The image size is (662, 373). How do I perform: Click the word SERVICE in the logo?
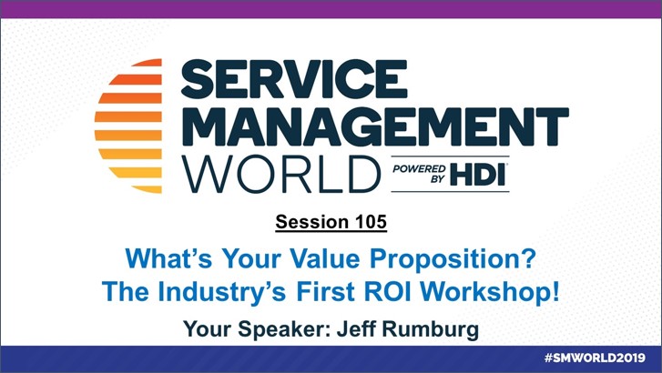(x=294, y=79)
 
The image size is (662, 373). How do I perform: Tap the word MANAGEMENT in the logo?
(x=375, y=126)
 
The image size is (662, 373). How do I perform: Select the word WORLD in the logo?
(x=281, y=174)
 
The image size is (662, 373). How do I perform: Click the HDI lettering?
(x=478, y=175)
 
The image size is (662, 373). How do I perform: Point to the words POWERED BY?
(x=419, y=174)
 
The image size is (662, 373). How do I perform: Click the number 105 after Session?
(x=371, y=221)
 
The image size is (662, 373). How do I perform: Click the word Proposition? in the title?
(x=453, y=259)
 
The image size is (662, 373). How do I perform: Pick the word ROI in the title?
(x=387, y=291)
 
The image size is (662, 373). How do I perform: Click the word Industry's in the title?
(x=222, y=292)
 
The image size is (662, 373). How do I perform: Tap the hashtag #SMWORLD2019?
(x=595, y=358)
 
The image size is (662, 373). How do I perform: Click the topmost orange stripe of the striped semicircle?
(x=148, y=63)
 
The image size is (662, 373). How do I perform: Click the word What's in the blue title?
(x=168, y=257)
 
